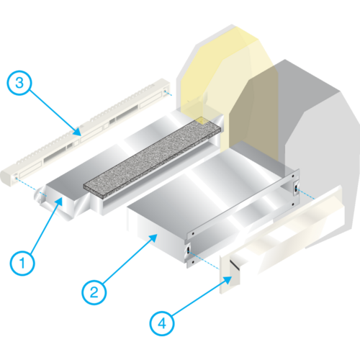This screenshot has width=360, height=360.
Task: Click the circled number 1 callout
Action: pos(22,263)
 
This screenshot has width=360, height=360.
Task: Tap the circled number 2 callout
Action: pos(94,292)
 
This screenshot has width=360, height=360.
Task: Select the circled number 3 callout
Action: pos(19,83)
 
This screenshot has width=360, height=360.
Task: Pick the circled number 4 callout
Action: pos(162,323)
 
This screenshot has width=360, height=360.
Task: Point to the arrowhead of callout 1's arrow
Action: pos(59,201)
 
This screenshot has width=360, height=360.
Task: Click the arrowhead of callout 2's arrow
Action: pos(153,238)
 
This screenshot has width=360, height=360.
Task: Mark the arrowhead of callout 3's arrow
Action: pos(77,132)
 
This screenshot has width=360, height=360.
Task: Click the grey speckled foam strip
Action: pos(152,158)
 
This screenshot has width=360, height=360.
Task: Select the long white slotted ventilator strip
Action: pos(85,132)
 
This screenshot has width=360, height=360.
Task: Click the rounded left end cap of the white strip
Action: pos(6,179)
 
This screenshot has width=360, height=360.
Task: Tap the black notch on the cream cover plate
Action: pos(234,264)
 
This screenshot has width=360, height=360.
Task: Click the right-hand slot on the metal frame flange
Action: pos(296,189)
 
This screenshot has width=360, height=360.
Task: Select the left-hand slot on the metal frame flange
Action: pos(188,251)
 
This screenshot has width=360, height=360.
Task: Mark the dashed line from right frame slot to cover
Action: pos(306,194)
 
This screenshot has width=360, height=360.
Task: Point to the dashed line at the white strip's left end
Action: pos(31,187)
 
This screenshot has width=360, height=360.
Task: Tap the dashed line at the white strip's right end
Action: pos(168,94)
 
